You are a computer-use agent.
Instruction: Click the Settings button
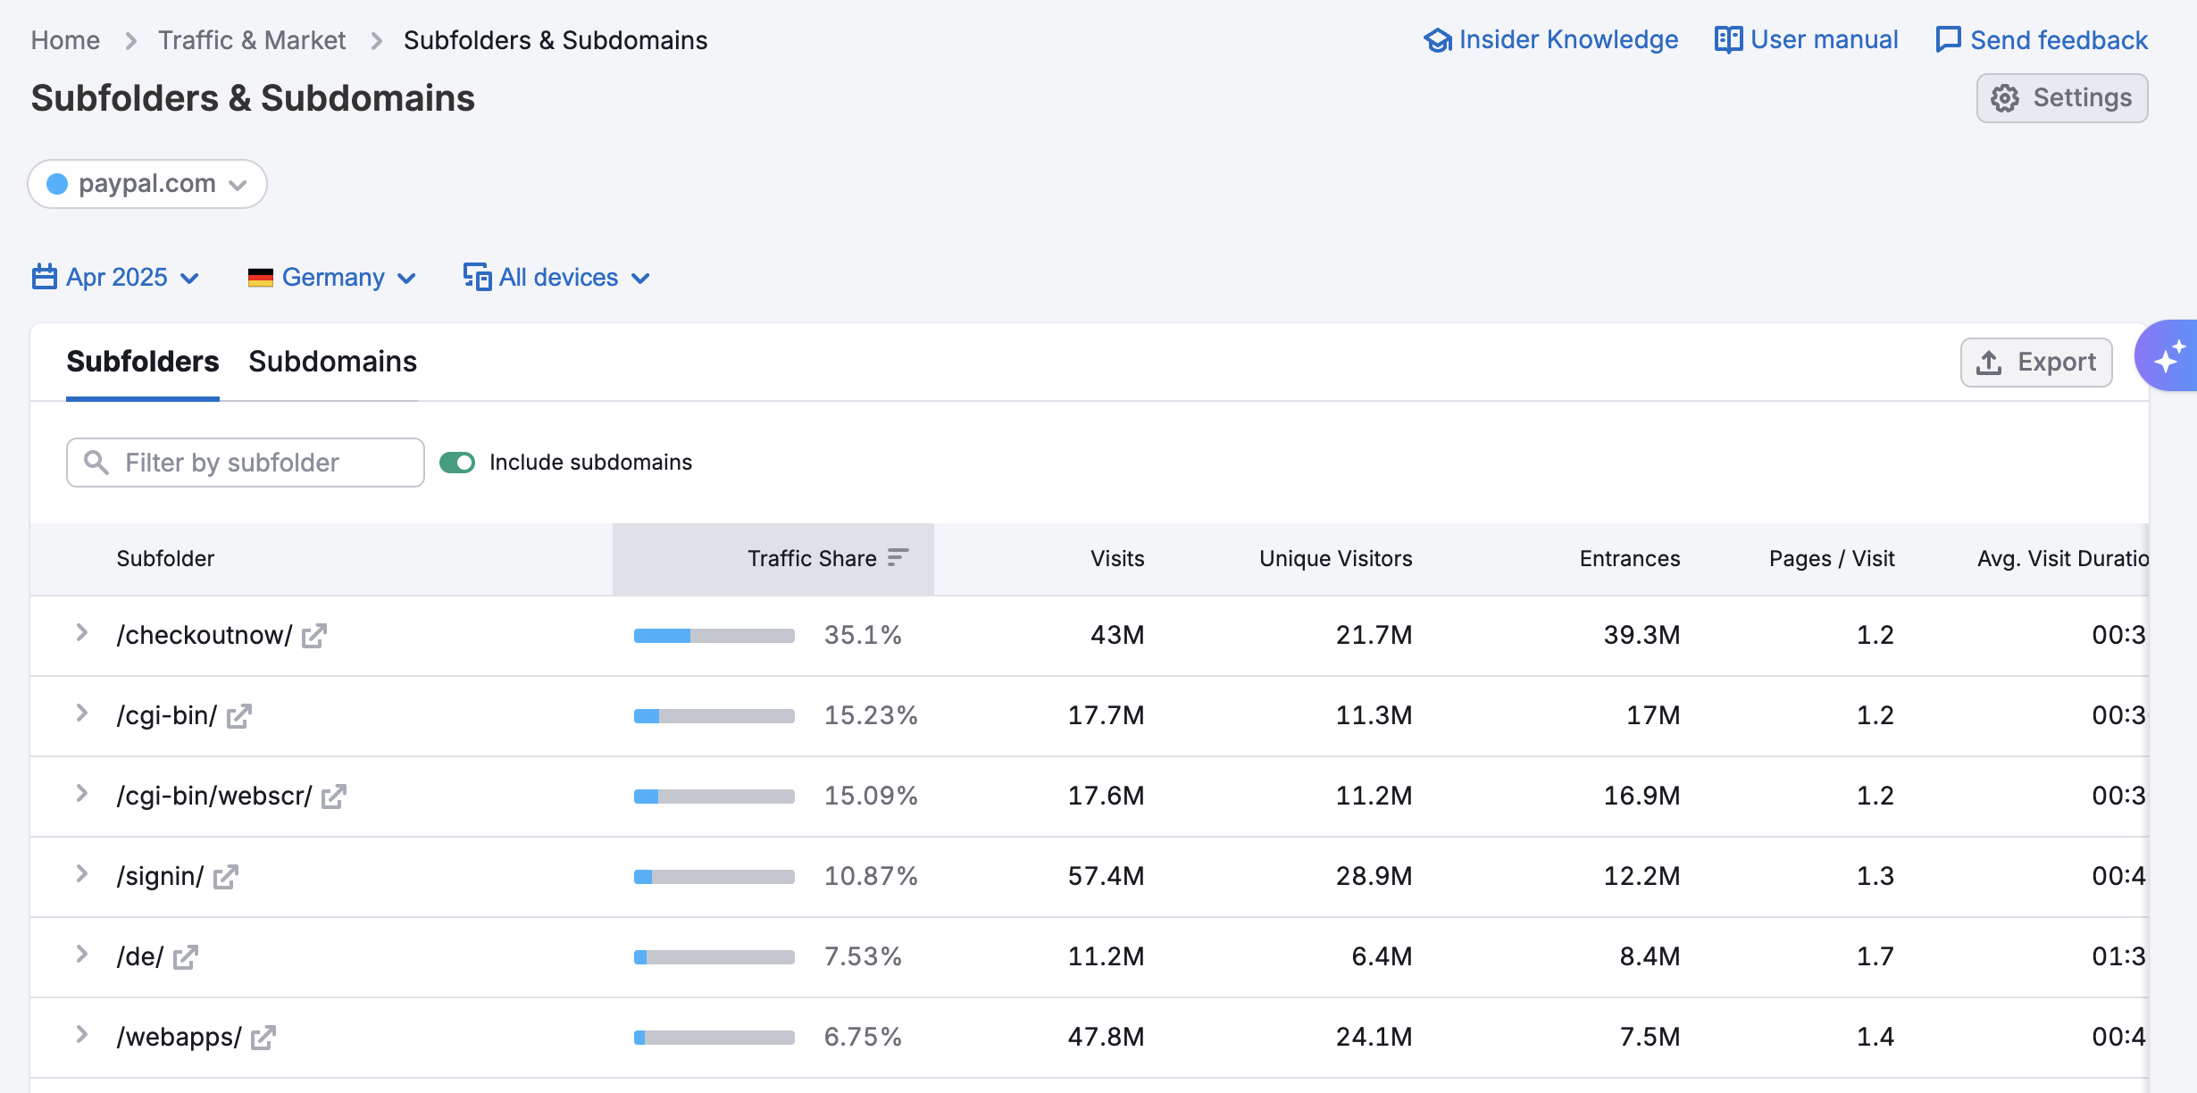tap(2061, 98)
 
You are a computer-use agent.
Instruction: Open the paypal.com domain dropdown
tap(147, 184)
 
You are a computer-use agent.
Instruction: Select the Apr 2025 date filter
tap(115, 278)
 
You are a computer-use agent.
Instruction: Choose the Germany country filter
tap(331, 278)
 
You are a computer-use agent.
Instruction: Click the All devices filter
tap(556, 278)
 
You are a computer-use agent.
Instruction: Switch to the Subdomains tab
tap(332, 362)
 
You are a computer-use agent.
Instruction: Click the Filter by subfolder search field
tap(246, 463)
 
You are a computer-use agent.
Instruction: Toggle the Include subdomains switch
tap(457, 463)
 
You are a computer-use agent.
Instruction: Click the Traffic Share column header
tap(812, 559)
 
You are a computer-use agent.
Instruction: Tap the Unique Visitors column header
tap(1335, 559)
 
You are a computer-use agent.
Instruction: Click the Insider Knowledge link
tap(1551, 40)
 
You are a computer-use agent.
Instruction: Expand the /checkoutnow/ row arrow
tap(82, 633)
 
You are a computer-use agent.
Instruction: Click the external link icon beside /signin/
tap(226, 877)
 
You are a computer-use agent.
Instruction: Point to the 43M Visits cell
tap(1116, 635)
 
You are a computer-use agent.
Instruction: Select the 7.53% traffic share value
tap(863, 956)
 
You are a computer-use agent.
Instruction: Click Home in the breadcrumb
tap(65, 40)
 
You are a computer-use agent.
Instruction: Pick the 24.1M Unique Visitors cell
tap(1374, 1037)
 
